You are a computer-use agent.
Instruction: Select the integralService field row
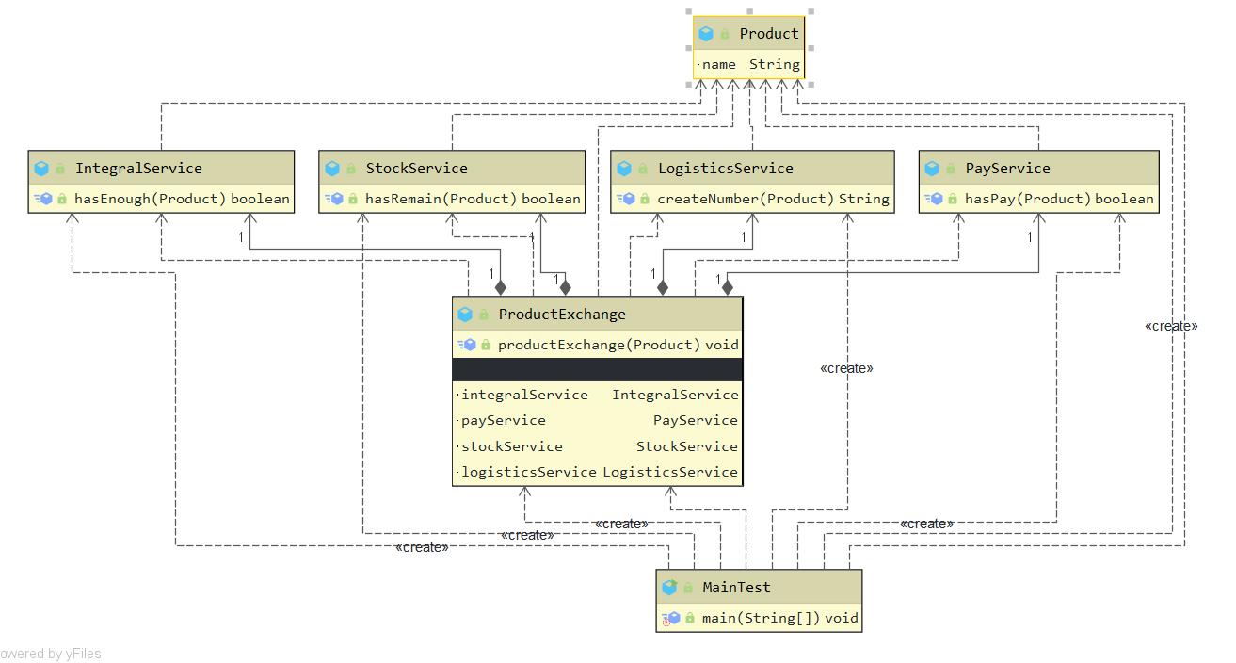[599, 395]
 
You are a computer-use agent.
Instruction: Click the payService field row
[599, 420]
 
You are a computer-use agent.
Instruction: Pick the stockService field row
[599, 446]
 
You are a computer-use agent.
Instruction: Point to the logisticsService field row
[599, 472]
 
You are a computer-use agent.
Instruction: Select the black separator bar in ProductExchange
[598, 369]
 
